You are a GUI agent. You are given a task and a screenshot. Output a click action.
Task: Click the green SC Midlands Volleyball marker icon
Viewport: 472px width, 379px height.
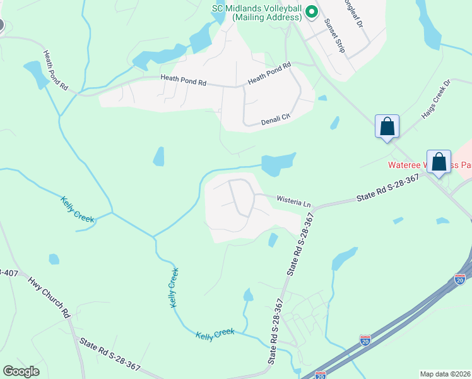point(311,11)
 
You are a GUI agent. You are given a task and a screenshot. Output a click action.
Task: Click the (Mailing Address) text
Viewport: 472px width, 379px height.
point(266,18)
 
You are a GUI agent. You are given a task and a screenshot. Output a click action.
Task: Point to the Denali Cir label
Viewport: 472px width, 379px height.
point(275,119)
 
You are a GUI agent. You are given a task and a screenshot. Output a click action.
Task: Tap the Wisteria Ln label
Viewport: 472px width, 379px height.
point(294,202)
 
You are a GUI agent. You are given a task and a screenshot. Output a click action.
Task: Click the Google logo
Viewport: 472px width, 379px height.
point(21,371)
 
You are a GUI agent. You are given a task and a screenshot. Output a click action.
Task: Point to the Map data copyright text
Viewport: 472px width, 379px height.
point(445,374)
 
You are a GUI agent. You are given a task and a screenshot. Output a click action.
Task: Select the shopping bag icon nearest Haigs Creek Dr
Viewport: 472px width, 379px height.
point(387,126)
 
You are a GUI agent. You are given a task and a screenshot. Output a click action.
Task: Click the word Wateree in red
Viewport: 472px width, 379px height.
point(404,165)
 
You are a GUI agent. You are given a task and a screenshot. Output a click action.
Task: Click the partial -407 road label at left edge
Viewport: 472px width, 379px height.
point(8,273)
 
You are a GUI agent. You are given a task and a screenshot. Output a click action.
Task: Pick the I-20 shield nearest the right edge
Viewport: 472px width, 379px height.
point(459,278)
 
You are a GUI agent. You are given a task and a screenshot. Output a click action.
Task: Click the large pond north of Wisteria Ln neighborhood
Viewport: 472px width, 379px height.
point(277,164)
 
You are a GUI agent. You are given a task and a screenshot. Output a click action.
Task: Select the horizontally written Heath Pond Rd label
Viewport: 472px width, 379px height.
point(184,82)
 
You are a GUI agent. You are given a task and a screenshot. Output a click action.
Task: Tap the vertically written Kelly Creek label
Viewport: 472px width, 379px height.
point(174,288)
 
